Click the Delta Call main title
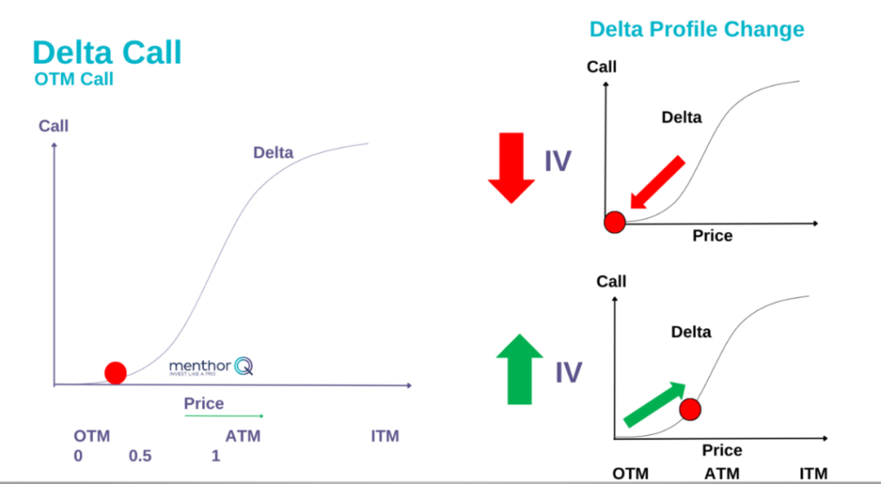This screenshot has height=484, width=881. pos(107,52)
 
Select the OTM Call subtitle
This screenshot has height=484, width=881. pos(74,79)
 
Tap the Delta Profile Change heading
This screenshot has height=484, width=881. pos(696,29)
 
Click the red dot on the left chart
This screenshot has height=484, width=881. pos(115,372)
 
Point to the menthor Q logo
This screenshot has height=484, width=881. pos(211,367)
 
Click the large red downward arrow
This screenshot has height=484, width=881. pos(511,167)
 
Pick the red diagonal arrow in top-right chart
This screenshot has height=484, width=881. pos(657,182)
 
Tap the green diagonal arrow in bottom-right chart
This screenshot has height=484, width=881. pos(653,404)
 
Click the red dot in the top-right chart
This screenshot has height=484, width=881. pos(614,223)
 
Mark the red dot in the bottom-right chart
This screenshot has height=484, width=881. pos(690,409)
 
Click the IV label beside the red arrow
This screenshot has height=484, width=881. pos(558,161)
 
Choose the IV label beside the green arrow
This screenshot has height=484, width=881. pos(568,372)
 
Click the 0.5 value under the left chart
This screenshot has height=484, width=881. pos(139,456)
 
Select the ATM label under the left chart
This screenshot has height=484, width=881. pos(243,436)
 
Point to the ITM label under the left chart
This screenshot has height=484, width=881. pos(385,436)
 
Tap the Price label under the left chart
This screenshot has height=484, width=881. pos(204,403)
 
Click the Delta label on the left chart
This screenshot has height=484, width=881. pos(273,153)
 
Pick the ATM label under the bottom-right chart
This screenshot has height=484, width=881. pos(722,474)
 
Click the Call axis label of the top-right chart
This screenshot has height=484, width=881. pos(601,67)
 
